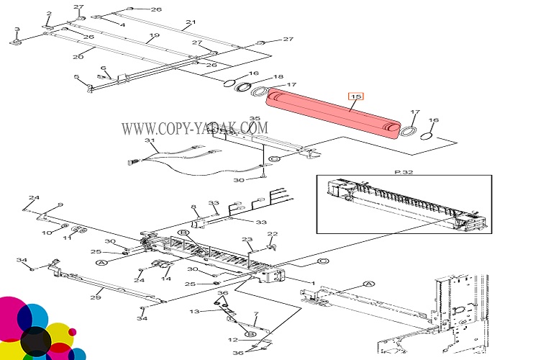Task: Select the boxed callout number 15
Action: (356, 96)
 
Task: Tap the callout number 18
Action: (278, 76)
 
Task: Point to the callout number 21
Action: (190, 22)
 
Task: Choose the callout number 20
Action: (78, 57)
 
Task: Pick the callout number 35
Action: (254, 118)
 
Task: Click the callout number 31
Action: (150, 140)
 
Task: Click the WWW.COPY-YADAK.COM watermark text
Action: (194, 128)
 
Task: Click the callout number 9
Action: (60, 205)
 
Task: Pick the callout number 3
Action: (17, 30)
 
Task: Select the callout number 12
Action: (232, 339)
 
